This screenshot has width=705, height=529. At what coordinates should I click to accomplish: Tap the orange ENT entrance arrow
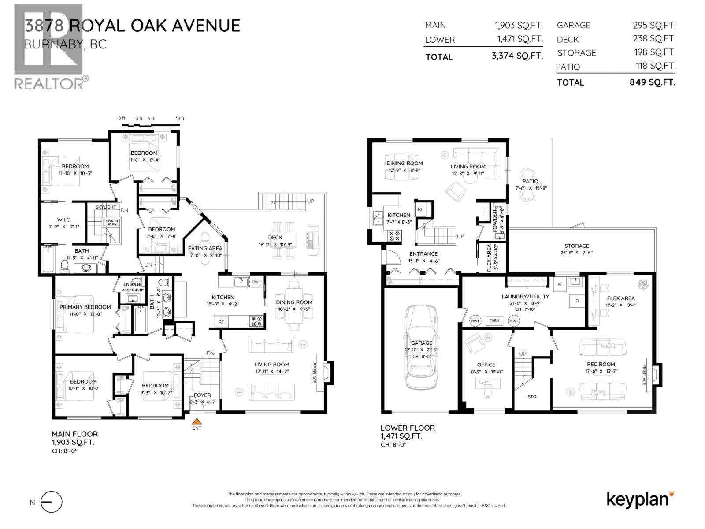pyautogui.click(x=197, y=421)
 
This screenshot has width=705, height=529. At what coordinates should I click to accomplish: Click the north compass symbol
pyautogui.click(x=51, y=502)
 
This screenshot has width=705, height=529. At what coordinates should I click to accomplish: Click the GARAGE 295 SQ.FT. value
pyautogui.click(x=654, y=26)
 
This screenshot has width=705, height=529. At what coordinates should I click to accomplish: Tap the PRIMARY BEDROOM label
pyautogui.click(x=85, y=307)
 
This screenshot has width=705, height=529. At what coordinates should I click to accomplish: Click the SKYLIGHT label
pyautogui.click(x=106, y=207)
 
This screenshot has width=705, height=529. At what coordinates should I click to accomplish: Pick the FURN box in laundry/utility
pyautogui.click(x=494, y=320)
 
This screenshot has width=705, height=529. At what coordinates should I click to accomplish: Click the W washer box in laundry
pyautogui.click(x=560, y=284)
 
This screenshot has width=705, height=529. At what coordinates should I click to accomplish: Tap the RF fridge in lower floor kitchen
pyautogui.click(x=420, y=209)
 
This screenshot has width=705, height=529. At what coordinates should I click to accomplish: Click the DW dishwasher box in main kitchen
pyautogui.click(x=256, y=282)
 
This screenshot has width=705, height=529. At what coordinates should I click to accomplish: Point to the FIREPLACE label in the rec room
pyautogui.click(x=644, y=375)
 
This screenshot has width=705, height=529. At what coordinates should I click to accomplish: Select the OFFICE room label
pyautogui.click(x=486, y=365)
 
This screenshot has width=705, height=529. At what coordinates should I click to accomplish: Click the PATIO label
pyautogui.click(x=530, y=181)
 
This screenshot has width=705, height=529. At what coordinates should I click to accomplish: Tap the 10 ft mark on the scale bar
pyautogui.click(x=180, y=119)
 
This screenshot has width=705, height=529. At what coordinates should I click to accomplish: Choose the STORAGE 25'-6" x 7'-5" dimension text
pyautogui.click(x=576, y=253)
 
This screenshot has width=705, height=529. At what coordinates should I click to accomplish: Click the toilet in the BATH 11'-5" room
pyautogui.click(x=64, y=265)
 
